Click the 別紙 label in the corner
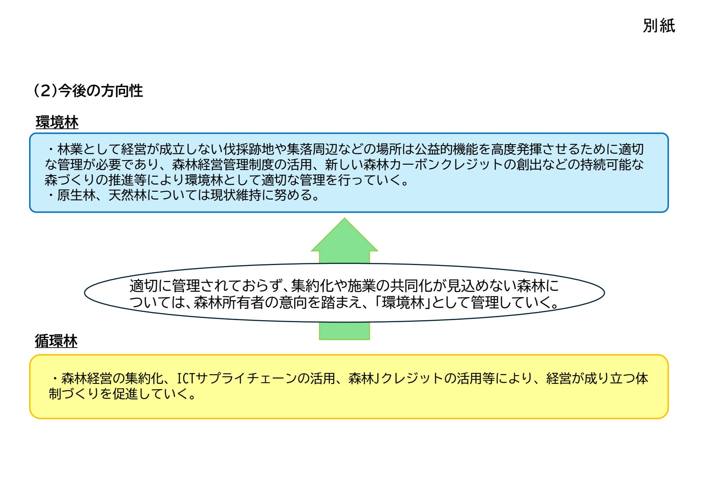(x=659, y=26)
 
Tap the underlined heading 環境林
(x=57, y=123)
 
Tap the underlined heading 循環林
(x=56, y=341)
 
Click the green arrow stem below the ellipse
(x=344, y=331)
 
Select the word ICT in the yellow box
(x=186, y=378)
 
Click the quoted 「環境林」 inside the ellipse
(x=402, y=302)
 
